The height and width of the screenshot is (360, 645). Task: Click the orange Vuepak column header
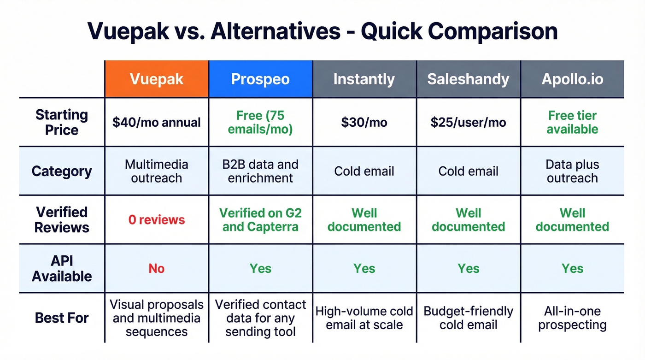(157, 79)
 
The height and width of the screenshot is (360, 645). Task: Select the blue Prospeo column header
(260, 79)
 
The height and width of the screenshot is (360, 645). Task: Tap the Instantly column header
(364, 79)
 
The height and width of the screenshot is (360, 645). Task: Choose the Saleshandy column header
(468, 79)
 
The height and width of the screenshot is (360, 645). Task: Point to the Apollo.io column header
(572, 79)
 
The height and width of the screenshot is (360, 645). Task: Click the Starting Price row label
(62, 122)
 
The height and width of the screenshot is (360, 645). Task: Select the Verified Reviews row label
(62, 219)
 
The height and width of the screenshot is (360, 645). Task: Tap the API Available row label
(62, 268)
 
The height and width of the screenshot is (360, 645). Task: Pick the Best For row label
(62, 318)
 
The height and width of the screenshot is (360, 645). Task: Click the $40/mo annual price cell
(157, 122)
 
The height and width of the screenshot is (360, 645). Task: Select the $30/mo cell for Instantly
(364, 122)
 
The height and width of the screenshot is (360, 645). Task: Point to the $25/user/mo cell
(468, 122)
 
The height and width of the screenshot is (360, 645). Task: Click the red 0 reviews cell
(157, 220)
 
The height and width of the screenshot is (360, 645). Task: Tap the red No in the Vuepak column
(157, 268)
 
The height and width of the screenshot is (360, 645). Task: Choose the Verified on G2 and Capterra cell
(260, 220)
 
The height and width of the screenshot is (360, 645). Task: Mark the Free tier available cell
(572, 122)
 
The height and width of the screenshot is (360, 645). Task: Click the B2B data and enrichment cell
(260, 171)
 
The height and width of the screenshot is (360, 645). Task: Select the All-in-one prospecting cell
(572, 318)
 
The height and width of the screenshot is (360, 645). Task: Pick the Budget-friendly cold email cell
(468, 318)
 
